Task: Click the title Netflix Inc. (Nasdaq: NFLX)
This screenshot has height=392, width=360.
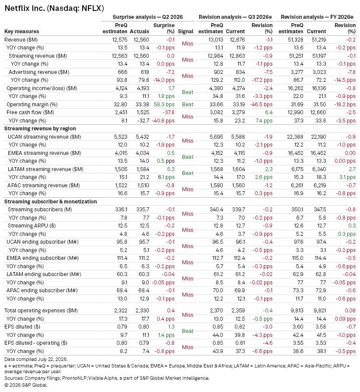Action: [x=54, y=8]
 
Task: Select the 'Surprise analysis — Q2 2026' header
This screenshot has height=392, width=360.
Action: [x=147, y=17]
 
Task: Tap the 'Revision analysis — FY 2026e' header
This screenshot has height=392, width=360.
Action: [x=317, y=17]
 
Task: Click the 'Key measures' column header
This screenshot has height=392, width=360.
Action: [x=22, y=31]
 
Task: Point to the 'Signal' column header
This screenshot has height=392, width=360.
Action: [x=185, y=31]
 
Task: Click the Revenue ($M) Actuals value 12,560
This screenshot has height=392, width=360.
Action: [x=141, y=40]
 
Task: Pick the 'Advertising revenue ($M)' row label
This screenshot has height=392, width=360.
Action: [x=39, y=72]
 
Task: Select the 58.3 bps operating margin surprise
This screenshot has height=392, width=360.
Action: [x=164, y=105]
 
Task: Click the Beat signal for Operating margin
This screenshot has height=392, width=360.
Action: [x=188, y=105]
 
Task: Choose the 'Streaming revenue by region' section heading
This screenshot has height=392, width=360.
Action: [x=40, y=129]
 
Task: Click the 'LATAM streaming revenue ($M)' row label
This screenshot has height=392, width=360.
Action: [x=45, y=169]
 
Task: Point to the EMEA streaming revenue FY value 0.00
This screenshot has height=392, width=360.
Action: [x=350, y=153]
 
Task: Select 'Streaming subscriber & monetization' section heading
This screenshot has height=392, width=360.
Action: [x=50, y=202]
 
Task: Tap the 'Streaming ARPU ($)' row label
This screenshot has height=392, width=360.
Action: [x=32, y=226]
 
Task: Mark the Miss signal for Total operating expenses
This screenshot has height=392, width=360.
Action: [x=188, y=315]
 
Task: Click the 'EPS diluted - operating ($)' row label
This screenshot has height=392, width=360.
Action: [x=36, y=343]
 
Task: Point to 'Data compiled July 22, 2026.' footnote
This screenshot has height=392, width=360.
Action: [x=36, y=359]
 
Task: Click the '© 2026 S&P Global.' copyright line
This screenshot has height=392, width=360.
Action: [x=26, y=385]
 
